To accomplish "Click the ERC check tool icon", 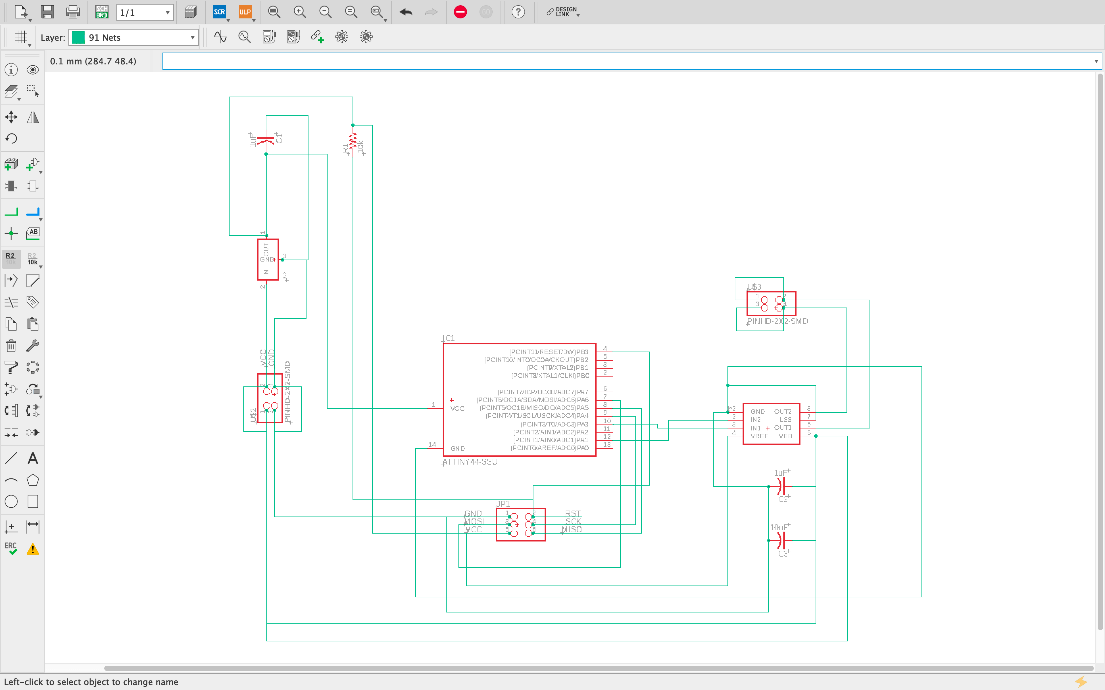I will (11, 548).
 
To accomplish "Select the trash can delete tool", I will (11, 346).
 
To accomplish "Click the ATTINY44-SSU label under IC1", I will (470, 462).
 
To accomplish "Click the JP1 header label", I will (503, 503).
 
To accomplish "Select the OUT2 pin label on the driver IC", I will (783, 412).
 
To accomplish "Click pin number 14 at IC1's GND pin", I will (432, 445).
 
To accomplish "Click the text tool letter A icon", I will (33, 458).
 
